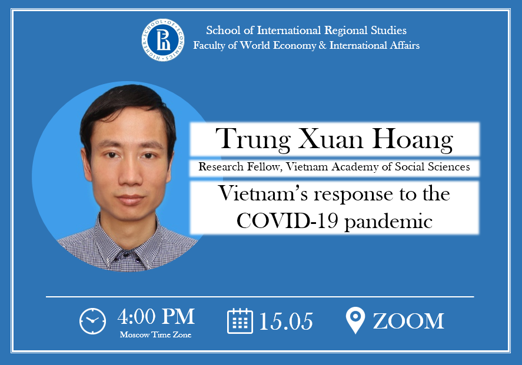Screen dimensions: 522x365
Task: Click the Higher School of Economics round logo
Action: tap(163, 40)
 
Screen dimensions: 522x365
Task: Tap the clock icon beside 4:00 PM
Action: tap(92, 321)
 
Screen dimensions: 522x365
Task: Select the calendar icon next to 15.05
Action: tap(240, 321)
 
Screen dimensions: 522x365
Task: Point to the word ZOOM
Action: tap(408, 321)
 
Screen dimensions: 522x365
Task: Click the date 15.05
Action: tap(285, 322)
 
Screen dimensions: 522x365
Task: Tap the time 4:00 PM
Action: tap(156, 316)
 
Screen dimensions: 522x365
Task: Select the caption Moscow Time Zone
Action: tap(155, 335)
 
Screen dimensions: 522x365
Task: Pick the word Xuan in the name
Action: tap(331, 139)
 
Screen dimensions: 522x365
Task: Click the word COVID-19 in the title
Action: tap(288, 220)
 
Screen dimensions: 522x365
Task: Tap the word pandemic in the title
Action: tap(388, 222)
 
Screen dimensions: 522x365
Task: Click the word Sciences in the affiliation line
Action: tap(449, 166)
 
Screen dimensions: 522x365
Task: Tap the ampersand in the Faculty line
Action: tap(322, 45)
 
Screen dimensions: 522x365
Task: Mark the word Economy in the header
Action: tap(294, 45)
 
